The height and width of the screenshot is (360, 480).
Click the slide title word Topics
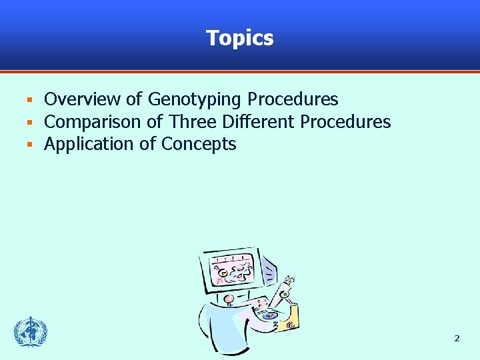click(x=240, y=38)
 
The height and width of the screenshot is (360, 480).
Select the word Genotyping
click(x=194, y=100)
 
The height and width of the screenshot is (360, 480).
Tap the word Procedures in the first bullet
click(x=293, y=99)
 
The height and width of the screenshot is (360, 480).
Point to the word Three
click(x=193, y=122)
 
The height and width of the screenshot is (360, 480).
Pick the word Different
click(x=258, y=122)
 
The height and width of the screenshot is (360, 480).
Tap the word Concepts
click(x=199, y=145)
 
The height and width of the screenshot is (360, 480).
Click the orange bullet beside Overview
click(x=29, y=101)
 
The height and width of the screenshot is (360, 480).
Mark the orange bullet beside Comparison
click(x=29, y=123)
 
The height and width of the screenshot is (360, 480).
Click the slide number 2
click(x=457, y=339)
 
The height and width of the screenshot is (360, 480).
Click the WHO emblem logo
click(x=31, y=332)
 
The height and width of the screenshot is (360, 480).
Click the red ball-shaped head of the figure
click(x=229, y=299)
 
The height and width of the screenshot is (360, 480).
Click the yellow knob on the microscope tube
click(x=284, y=294)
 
